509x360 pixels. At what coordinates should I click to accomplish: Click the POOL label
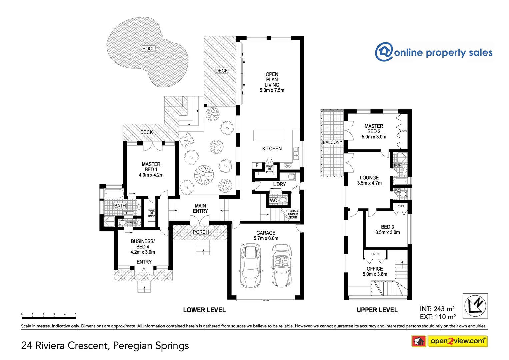(148, 49)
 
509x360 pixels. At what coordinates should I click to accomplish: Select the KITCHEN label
(272, 149)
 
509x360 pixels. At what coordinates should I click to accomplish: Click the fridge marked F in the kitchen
(257, 165)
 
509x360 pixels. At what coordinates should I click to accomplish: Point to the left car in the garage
(251, 265)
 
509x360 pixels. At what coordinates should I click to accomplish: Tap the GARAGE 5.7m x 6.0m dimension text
(266, 238)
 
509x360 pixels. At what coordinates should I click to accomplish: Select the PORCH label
(201, 232)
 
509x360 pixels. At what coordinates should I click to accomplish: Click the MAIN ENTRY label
(200, 208)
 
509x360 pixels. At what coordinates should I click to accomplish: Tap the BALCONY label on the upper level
(332, 142)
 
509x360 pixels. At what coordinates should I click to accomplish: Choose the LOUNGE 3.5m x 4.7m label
(369, 180)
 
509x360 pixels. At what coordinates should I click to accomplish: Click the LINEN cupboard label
(375, 254)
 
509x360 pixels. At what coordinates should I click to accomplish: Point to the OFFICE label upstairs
(375, 269)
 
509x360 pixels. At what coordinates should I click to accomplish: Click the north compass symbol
(475, 306)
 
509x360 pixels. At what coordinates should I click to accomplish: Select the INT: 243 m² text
(437, 309)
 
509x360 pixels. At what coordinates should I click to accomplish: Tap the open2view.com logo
(457, 341)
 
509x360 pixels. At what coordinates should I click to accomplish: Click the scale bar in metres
(49, 317)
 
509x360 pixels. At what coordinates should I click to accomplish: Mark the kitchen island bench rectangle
(269, 136)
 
